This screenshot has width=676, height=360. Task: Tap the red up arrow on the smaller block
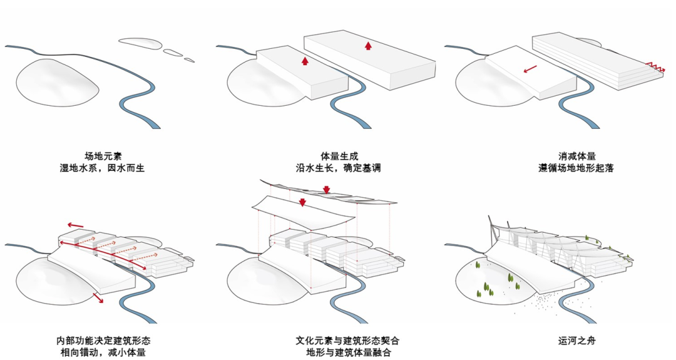(x=305, y=61)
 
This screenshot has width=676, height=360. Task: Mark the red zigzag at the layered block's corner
(x=654, y=64)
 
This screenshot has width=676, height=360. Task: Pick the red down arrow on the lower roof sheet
(x=302, y=202)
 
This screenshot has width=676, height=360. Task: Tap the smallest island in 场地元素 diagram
(x=188, y=60)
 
